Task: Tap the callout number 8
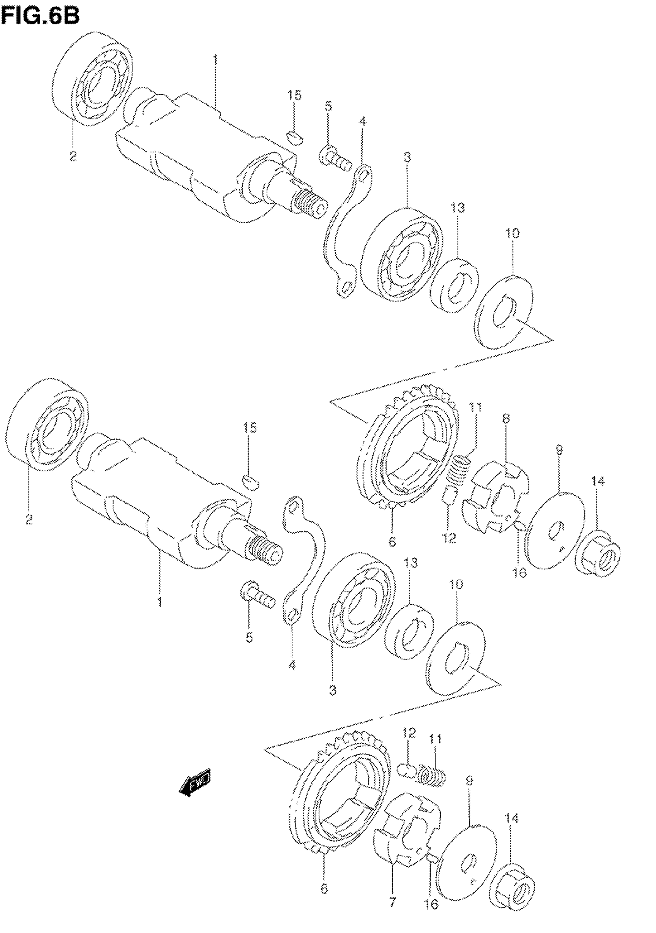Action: point(506,418)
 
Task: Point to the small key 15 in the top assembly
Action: point(295,136)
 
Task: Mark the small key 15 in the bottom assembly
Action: point(251,481)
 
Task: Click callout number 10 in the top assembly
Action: point(512,234)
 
